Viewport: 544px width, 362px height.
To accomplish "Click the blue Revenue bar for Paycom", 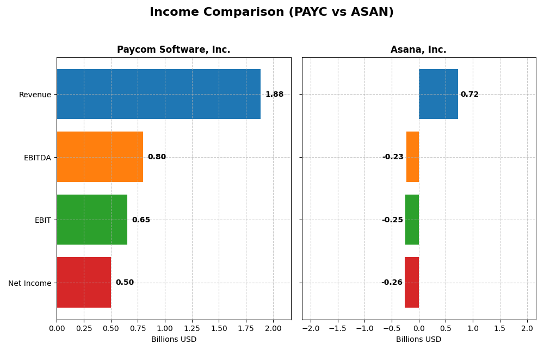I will pyautogui.click(x=158, y=94).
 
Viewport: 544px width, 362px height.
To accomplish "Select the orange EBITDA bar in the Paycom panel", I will pyautogui.click(x=100, y=157).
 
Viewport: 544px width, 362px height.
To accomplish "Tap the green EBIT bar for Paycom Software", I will pyautogui.click(x=92, y=220).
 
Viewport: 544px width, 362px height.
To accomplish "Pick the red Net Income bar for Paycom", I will pyautogui.click(x=84, y=282).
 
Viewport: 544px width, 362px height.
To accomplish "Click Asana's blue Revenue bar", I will pyautogui.click(x=438, y=94).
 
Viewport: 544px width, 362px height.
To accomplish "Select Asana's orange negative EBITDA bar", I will pyautogui.click(x=413, y=157).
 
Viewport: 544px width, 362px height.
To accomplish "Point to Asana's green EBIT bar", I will pyautogui.click(x=412, y=220).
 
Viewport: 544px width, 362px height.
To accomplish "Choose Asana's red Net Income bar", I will pyautogui.click(x=412, y=282).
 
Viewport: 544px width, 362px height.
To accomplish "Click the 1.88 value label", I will pyautogui.click(x=274, y=95).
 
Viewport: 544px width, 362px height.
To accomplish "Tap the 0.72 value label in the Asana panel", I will pyautogui.click(x=469, y=95).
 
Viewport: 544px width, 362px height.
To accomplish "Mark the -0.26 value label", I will pyautogui.click(x=392, y=283).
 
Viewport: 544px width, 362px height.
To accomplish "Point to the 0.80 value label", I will pyautogui.click(x=157, y=157).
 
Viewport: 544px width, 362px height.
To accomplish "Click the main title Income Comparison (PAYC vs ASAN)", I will pyautogui.click(x=271, y=12).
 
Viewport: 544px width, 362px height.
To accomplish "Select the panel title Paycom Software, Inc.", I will pyautogui.click(x=174, y=50).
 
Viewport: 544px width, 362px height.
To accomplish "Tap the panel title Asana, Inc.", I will pyautogui.click(x=418, y=50).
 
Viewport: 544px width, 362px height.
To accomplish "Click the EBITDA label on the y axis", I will pyautogui.click(x=37, y=158).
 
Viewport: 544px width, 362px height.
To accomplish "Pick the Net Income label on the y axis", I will pyautogui.click(x=29, y=283).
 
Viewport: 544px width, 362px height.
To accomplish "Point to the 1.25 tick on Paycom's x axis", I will pyautogui.click(x=192, y=329).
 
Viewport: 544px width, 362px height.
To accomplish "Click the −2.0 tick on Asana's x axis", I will pyautogui.click(x=311, y=329).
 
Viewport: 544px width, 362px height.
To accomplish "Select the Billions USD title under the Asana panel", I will pyautogui.click(x=418, y=340).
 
